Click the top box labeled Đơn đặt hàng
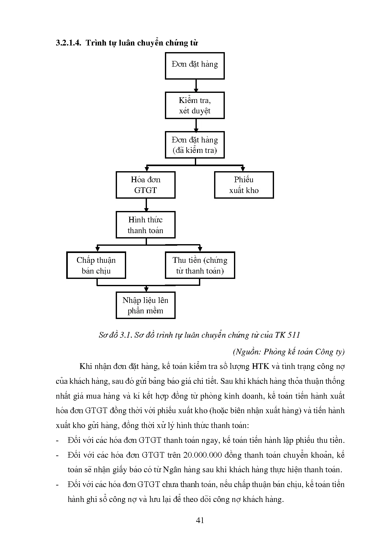click(x=195, y=66)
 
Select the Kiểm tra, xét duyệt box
click(x=195, y=105)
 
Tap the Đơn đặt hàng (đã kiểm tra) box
click(x=195, y=145)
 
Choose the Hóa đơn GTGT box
click(x=145, y=185)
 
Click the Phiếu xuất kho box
click(x=244, y=185)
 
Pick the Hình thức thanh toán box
click(x=145, y=225)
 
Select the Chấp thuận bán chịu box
click(x=96, y=265)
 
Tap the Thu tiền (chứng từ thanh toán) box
click(x=200, y=265)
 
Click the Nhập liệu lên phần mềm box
click(x=145, y=305)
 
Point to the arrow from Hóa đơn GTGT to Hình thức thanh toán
click(x=146, y=205)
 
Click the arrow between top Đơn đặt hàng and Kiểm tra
click(x=196, y=86)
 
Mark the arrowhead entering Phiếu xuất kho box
click(x=242, y=169)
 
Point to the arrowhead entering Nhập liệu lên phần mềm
click(x=146, y=290)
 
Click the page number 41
click(x=200, y=521)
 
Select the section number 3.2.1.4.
click(x=68, y=43)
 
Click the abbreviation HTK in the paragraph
click(x=260, y=366)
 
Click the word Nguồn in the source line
click(x=247, y=352)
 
